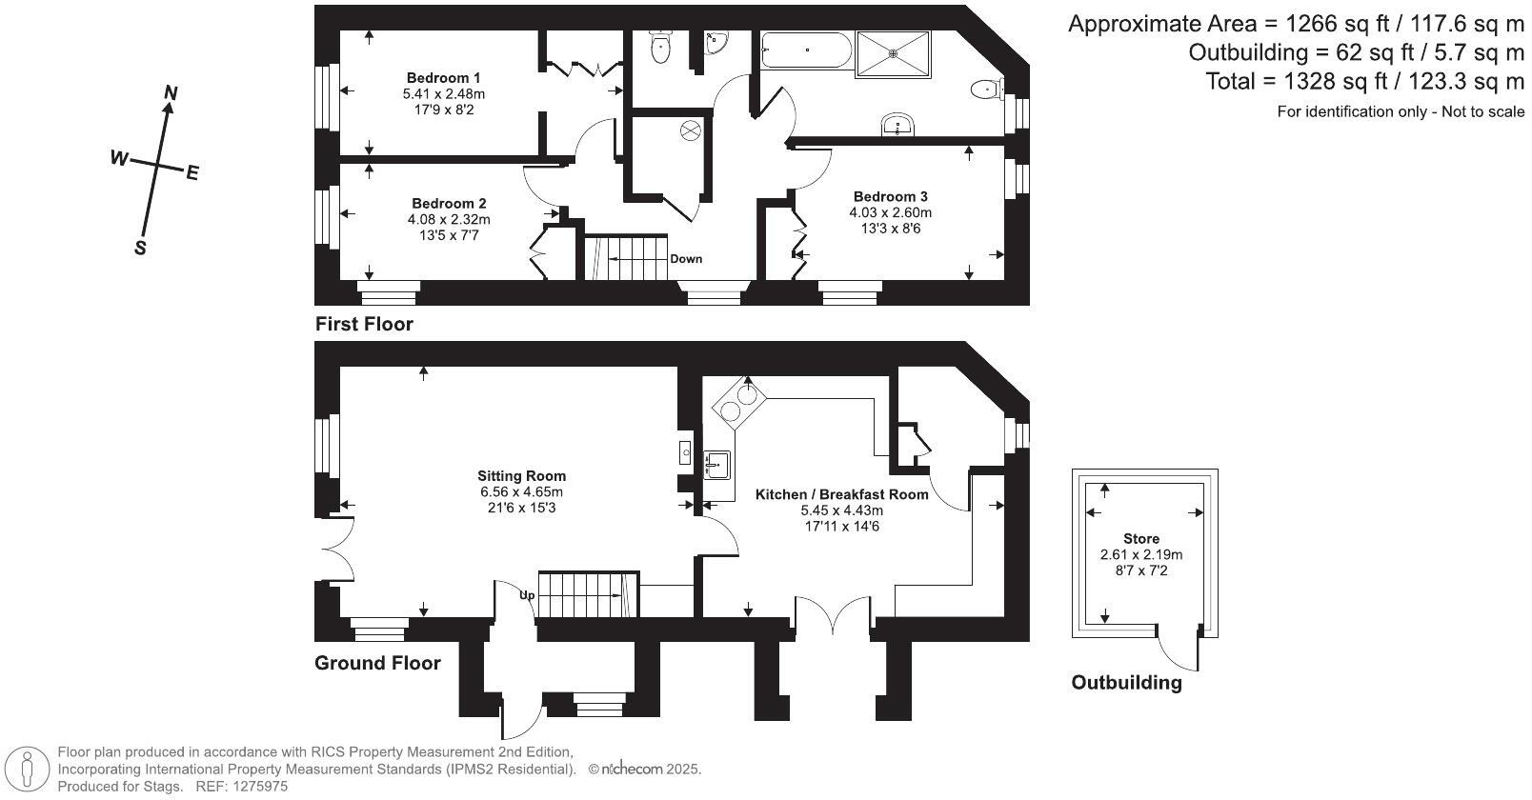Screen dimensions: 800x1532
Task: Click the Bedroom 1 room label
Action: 443,78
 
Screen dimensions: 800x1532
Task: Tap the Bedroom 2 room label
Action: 449,204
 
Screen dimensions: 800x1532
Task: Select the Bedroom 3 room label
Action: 890,197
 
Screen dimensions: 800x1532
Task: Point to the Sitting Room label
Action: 521,476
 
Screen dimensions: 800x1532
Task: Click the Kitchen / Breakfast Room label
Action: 841,494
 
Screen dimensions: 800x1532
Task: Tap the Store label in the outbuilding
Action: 1140,539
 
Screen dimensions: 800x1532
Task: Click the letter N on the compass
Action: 171,92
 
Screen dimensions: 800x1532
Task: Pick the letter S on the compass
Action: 140,248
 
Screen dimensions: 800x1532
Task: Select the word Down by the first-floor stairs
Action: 686,259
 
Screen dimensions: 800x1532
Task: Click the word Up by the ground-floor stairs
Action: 527,595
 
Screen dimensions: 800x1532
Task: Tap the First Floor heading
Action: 364,325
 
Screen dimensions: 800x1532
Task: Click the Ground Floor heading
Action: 377,664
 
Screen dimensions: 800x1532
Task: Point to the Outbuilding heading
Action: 1126,683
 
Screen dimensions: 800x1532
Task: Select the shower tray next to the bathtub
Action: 893,53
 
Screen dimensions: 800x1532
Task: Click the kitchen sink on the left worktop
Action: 717,465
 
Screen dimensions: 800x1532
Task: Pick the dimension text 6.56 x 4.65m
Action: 521,492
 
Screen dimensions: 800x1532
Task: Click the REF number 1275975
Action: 256,787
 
